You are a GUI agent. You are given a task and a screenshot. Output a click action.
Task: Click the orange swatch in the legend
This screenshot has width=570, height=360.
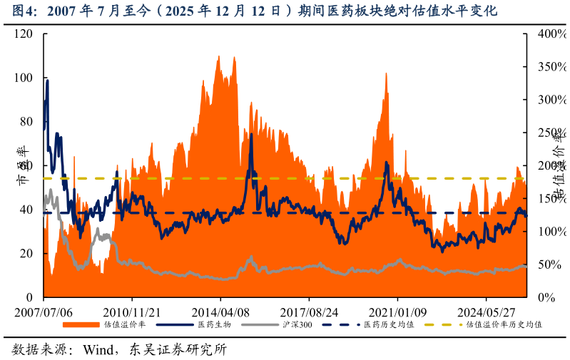click(x=81, y=325)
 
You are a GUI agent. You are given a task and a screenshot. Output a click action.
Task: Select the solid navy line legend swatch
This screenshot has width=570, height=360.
click(x=175, y=325)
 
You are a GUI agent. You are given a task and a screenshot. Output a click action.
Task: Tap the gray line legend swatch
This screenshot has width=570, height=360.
click(x=260, y=325)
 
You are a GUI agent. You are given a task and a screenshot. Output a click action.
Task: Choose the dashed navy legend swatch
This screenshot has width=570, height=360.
click(x=341, y=325)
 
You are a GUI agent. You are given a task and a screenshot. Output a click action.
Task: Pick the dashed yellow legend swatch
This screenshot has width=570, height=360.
click(x=443, y=325)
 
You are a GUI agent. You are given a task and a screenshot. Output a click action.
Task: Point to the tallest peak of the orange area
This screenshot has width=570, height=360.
click(x=218, y=56)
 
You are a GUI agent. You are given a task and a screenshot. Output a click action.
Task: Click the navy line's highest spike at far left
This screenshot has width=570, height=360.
click(x=47, y=81)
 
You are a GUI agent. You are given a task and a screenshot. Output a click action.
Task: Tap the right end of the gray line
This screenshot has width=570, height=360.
click(x=525, y=266)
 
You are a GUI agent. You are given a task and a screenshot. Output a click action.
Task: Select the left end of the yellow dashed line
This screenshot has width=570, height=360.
click(x=45, y=178)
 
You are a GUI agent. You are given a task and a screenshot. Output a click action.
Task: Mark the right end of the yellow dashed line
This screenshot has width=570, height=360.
click(x=524, y=178)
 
